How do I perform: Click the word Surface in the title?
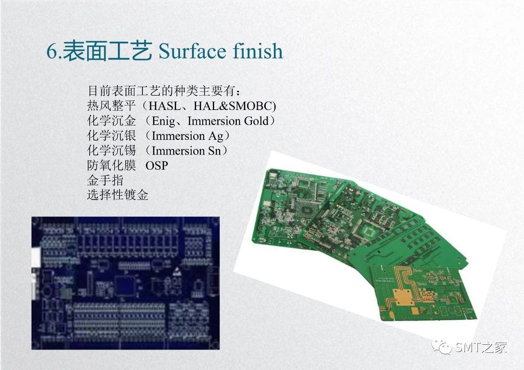(192, 51)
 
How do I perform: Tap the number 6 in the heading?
(52, 51)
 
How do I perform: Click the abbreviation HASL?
(165, 106)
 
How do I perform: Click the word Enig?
(163, 121)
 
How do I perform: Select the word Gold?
(256, 121)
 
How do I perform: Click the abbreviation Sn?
(214, 151)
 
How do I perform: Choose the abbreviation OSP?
(156, 166)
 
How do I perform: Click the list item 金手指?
(105, 180)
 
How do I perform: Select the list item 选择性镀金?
(117, 195)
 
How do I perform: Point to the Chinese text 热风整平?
(111, 106)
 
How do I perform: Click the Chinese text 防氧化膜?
(111, 166)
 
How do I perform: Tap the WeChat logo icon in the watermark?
(442, 347)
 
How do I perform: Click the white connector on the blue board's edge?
(36, 258)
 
